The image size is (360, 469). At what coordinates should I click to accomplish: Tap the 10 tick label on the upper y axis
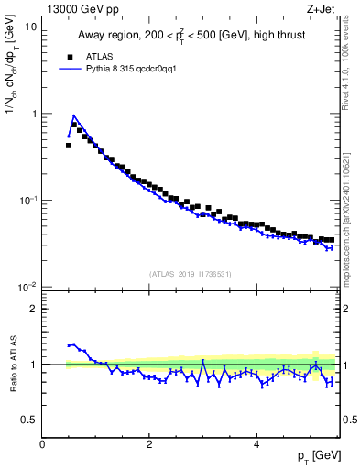[30, 27]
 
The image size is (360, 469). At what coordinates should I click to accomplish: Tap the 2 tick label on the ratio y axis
[33, 309]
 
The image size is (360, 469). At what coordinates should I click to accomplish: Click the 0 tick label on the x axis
[42, 444]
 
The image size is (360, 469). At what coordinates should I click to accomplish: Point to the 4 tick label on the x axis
[256, 444]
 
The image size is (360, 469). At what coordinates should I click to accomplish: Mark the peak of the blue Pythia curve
[73, 116]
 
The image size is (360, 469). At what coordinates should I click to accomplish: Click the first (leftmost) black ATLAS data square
[69, 145]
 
